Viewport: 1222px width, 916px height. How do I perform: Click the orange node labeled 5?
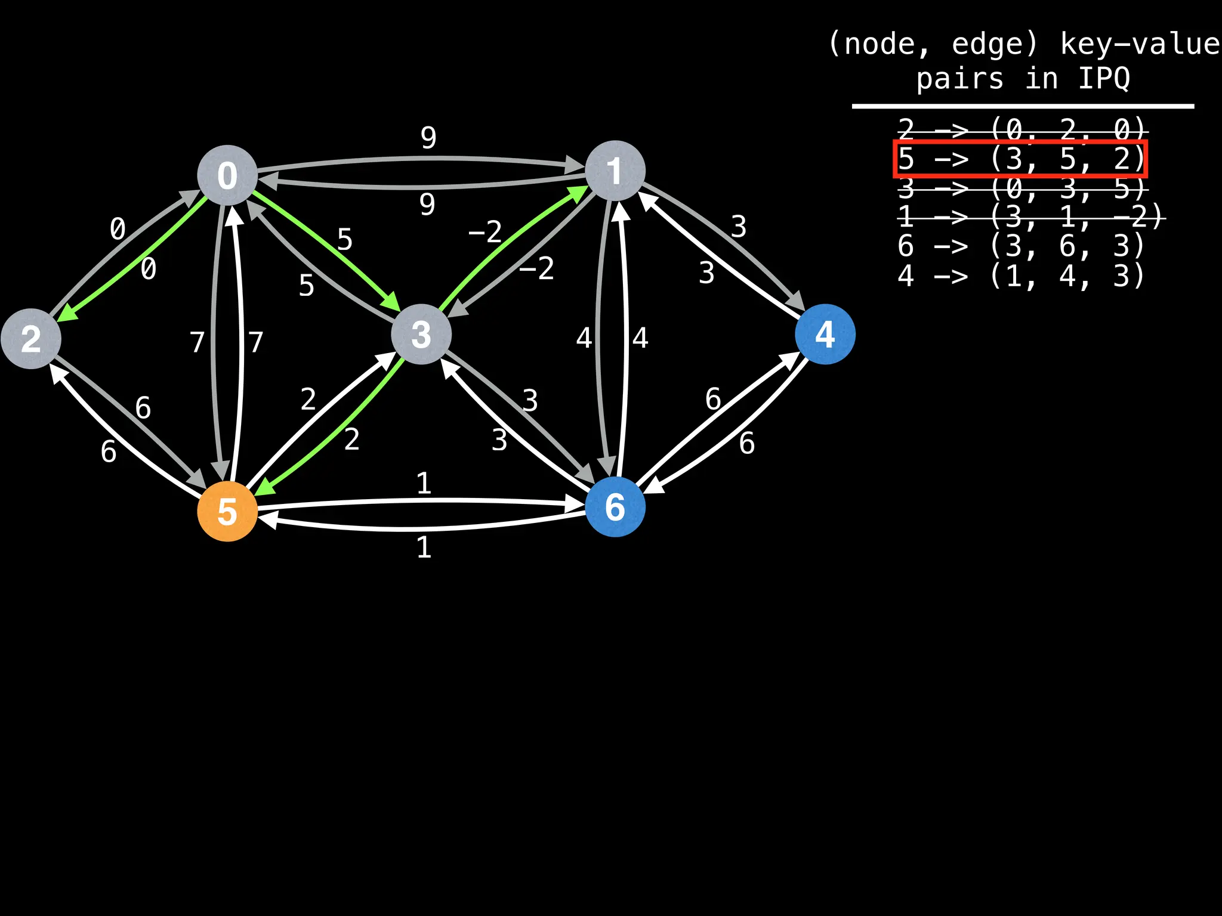227,511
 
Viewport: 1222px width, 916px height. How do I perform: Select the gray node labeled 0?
227,175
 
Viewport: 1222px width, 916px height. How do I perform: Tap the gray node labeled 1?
615,171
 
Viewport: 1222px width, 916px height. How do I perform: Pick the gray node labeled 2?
31,339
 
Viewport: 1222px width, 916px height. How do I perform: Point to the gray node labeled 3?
421,334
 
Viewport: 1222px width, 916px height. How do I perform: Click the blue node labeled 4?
825,334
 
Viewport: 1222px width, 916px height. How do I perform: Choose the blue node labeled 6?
615,507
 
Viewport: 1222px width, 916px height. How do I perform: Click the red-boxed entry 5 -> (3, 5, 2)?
1020,159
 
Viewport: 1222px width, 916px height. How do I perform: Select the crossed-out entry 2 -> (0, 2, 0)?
1022,129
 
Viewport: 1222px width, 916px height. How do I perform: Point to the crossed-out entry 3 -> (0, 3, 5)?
1022,188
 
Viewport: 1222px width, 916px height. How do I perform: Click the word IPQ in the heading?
1104,78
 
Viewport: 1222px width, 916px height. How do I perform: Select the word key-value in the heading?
1140,44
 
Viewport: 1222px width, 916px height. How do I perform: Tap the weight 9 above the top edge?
428,138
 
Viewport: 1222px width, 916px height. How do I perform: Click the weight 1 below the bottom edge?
424,547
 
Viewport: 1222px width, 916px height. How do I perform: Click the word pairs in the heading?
959,79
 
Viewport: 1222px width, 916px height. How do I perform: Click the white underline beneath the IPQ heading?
1023,107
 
